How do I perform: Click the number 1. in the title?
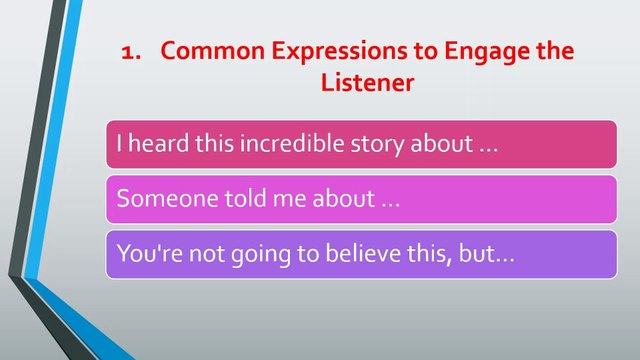click(x=131, y=53)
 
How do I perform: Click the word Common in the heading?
click(x=213, y=51)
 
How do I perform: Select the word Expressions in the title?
click(x=340, y=52)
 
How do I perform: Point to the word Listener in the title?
click(x=367, y=82)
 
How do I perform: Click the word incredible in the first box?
click(x=292, y=143)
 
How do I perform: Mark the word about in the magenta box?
click(x=344, y=198)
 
